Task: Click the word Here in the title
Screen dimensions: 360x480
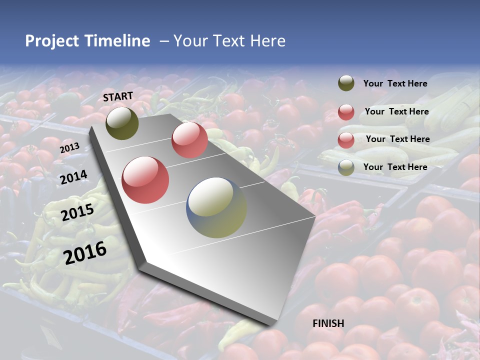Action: (267, 41)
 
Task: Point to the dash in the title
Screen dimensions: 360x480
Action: (164, 41)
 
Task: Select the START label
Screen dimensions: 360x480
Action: (118, 96)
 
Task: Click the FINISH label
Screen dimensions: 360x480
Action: (328, 323)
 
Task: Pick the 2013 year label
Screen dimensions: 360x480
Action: (69, 148)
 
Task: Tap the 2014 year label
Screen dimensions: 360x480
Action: (74, 177)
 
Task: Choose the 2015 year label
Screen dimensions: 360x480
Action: (77, 212)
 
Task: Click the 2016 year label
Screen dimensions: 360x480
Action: (85, 252)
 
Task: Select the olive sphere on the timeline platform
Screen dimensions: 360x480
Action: (122, 123)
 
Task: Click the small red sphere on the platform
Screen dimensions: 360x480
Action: (189, 139)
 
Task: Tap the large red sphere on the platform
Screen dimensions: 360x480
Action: (145, 179)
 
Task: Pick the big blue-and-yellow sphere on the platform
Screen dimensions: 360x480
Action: (216, 207)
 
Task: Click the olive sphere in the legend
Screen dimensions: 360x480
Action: (346, 83)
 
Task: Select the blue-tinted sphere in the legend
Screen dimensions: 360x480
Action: (346, 167)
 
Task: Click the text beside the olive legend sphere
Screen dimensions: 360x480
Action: (395, 84)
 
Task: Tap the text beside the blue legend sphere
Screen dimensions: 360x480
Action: (395, 167)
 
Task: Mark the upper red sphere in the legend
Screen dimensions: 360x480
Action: (346, 112)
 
